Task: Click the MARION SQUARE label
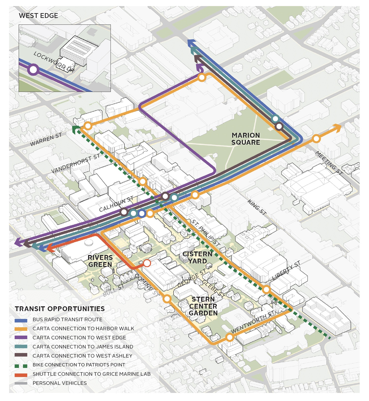pos(246,139)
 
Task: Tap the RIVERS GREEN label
pos(100,261)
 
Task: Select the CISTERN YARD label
pos(197,258)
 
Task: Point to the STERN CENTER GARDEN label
pos(203,306)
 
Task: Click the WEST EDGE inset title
pos(38,16)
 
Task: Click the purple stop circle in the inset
pos(33,70)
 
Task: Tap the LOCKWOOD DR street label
pos(54,62)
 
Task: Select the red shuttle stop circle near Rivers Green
pos(147,263)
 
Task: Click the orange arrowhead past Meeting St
pos(337,128)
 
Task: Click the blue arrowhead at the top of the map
pos(192,43)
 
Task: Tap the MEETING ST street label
pos(329,163)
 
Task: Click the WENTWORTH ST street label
pos(252,322)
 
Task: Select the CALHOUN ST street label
pos(116,204)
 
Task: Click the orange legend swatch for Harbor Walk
pos(21,329)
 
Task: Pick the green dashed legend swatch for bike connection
pos(21,365)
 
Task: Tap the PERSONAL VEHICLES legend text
pos(60,383)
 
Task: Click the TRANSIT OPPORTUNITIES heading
pos(60,309)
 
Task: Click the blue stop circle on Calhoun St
pos(142,214)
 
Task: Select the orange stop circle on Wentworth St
pos(229,337)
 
